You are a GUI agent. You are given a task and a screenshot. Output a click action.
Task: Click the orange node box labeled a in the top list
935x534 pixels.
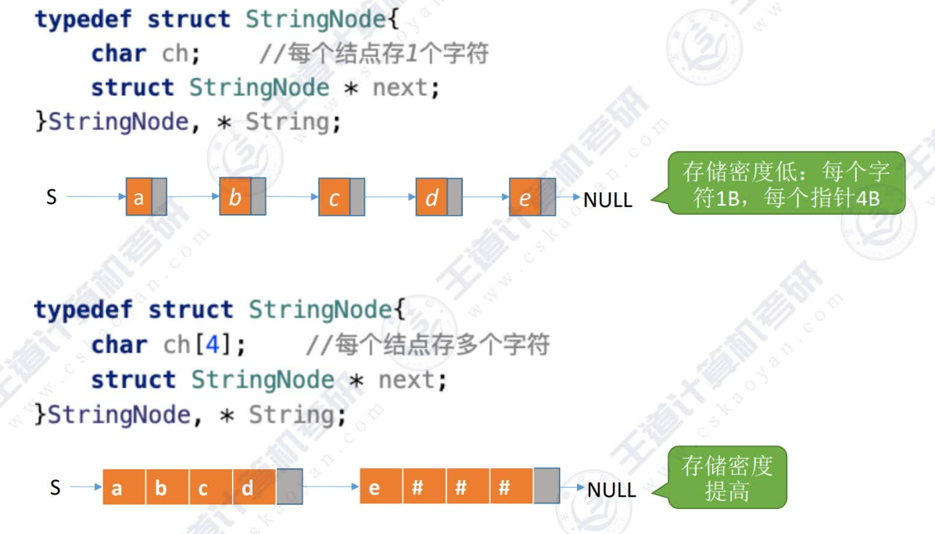tap(138, 197)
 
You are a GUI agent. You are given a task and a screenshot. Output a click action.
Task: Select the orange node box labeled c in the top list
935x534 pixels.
tap(334, 198)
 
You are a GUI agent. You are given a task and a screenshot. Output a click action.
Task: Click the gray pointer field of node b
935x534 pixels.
tap(258, 196)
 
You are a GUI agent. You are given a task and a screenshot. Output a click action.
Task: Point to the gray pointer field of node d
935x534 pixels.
tap(454, 198)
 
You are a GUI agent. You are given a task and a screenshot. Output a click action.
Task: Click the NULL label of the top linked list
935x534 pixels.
tap(607, 199)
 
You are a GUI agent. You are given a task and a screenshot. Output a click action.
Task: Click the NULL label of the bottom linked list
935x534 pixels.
tap(611, 490)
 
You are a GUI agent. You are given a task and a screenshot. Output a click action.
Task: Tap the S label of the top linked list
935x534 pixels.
tap(52, 196)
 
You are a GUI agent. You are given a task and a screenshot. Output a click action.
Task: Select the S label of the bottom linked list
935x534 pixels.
tap(55, 488)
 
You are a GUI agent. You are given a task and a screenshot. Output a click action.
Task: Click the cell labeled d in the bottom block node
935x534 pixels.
tap(247, 488)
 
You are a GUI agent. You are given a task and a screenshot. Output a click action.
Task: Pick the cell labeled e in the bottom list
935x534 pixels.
tap(374, 487)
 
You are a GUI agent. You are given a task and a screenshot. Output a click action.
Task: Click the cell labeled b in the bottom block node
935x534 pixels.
tap(161, 488)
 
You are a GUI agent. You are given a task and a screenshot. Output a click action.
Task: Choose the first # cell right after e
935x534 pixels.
tap(417, 487)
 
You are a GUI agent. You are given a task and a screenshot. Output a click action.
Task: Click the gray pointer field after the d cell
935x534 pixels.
tap(289, 486)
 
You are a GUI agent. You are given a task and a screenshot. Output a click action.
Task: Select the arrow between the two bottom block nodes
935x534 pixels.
tap(331, 486)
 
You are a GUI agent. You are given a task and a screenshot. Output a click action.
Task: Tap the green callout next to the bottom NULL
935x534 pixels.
tap(727, 478)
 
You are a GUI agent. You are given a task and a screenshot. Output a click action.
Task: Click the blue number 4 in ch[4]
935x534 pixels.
tap(212, 344)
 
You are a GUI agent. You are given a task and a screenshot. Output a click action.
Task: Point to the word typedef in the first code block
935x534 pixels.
tap(84, 19)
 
